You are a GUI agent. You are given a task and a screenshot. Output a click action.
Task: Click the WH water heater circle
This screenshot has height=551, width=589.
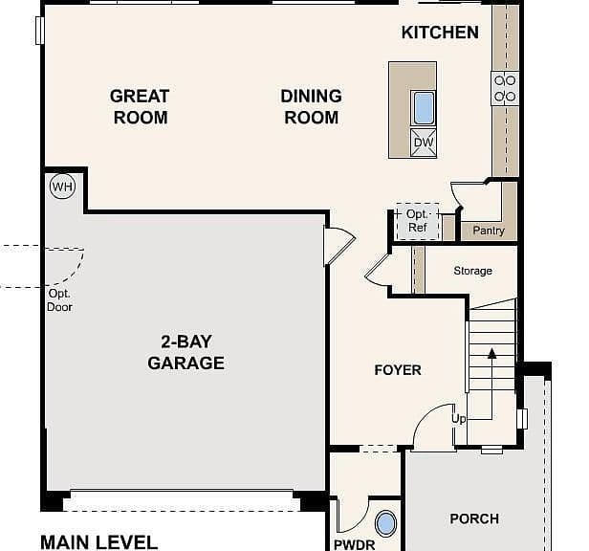pyautogui.click(x=62, y=187)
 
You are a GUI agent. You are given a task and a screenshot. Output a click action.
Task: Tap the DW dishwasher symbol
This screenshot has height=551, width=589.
pyautogui.click(x=424, y=143)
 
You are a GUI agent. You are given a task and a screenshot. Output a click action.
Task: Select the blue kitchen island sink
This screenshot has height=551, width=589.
pyautogui.click(x=424, y=108)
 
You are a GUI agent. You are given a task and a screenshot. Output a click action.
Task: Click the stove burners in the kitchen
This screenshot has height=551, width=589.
pyautogui.click(x=505, y=89)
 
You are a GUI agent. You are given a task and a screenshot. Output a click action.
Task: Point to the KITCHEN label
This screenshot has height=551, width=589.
pyautogui.click(x=440, y=33)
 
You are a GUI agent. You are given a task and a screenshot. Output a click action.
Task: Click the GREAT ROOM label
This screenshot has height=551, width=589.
pyautogui.click(x=140, y=107)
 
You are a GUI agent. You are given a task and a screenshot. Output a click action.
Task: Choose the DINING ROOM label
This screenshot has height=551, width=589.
pyautogui.click(x=312, y=107)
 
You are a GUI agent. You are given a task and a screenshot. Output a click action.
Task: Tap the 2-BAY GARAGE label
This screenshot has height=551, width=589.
pyautogui.click(x=185, y=352)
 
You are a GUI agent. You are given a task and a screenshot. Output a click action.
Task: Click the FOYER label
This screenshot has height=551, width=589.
pyautogui.click(x=398, y=370)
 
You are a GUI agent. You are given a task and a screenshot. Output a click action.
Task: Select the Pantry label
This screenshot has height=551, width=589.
pyautogui.click(x=489, y=231)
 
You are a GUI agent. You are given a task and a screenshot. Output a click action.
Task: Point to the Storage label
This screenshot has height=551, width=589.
pyautogui.click(x=473, y=271)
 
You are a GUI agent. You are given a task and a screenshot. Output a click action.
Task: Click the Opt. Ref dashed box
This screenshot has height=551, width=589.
pyautogui.click(x=418, y=221)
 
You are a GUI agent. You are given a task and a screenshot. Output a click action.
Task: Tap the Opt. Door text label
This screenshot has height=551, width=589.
pyautogui.click(x=59, y=300)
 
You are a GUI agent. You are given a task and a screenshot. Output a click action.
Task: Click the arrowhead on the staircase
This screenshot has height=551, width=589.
pyautogui.click(x=492, y=353)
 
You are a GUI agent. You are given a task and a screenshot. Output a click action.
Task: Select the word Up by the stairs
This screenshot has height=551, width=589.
pyautogui.click(x=459, y=419)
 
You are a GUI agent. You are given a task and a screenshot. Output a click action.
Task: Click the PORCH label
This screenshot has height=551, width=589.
pyautogui.click(x=474, y=519)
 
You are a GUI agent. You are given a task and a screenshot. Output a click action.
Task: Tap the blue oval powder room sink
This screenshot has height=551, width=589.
pyautogui.click(x=385, y=523)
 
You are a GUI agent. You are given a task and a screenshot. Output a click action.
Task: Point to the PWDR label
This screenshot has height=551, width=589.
pyautogui.click(x=354, y=545)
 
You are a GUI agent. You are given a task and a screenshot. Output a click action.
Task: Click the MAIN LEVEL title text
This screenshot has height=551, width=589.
pyautogui.click(x=98, y=542)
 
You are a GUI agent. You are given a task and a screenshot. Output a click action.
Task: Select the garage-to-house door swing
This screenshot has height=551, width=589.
pyautogui.click(x=339, y=245)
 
